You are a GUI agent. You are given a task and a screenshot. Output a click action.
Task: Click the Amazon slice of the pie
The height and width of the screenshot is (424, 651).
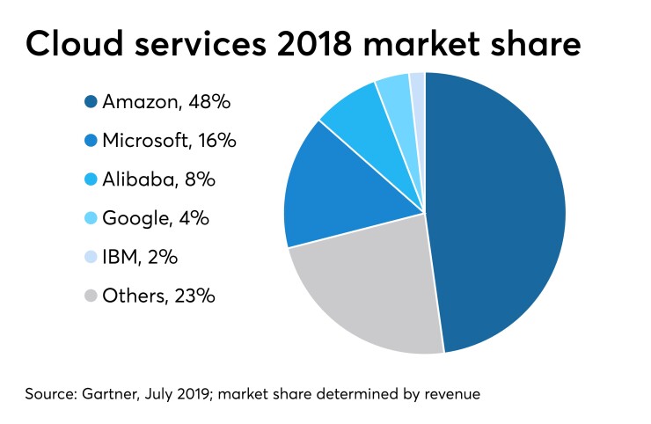[501, 211]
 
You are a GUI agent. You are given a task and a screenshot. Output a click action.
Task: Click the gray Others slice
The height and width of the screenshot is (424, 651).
[369, 290]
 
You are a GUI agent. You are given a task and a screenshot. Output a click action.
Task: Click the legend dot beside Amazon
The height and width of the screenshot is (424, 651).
[91, 103]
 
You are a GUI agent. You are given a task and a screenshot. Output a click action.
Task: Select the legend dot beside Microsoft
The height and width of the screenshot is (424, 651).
[91, 142]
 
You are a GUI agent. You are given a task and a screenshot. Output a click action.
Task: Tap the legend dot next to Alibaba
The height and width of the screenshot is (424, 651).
[91, 180]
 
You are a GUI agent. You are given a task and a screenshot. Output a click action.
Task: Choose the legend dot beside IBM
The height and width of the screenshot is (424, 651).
[91, 258]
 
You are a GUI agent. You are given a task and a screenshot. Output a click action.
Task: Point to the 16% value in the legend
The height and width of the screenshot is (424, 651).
[216, 142]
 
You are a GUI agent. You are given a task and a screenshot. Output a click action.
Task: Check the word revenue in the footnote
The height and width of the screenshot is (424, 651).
[450, 393]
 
